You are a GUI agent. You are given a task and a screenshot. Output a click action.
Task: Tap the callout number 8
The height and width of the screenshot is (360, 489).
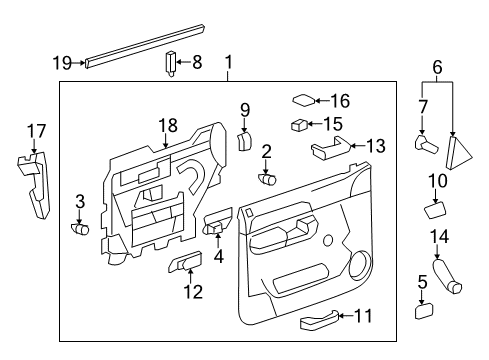[196, 62]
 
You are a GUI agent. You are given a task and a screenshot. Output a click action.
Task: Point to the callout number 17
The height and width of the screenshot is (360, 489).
[35, 130]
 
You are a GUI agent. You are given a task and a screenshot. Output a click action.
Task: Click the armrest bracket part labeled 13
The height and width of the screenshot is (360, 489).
[329, 151]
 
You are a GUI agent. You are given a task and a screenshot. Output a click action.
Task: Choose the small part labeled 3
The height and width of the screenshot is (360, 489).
[81, 229]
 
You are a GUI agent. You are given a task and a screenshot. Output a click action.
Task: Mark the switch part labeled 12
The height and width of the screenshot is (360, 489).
[184, 264]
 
